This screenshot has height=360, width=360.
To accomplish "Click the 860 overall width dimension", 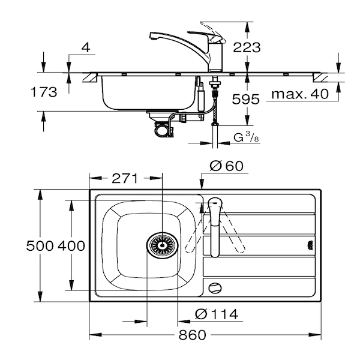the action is [x=193, y=335].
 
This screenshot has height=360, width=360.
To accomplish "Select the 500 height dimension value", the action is [x=40, y=246].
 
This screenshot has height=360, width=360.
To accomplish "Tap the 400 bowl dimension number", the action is [x=71, y=246].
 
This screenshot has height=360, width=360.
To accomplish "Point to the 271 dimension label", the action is [x=125, y=178].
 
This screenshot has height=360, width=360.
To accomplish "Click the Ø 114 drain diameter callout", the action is [x=217, y=314].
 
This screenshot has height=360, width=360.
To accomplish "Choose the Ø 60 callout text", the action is [x=226, y=166].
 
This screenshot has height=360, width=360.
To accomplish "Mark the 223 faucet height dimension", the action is [x=247, y=47].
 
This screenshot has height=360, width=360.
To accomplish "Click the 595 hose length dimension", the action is [x=245, y=99].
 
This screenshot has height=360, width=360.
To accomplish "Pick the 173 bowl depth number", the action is [x=44, y=92].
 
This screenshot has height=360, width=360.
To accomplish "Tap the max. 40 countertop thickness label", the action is [x=300, y=94].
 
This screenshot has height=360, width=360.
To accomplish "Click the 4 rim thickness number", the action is [x=86, y=48].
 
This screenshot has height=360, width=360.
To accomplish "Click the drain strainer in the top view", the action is [x=163, y=245].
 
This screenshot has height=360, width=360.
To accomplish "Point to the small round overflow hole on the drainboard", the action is [x=215, y=287].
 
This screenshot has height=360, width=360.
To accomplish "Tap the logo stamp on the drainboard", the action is [x=310, y=245].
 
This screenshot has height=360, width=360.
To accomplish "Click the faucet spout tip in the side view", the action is [x=153, y=37].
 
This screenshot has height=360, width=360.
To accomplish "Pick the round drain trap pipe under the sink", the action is [x=163, y=131].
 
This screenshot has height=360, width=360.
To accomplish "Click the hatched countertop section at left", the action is [x=90, y=77].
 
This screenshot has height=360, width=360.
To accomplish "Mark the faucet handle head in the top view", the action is [x=215, y=203].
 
